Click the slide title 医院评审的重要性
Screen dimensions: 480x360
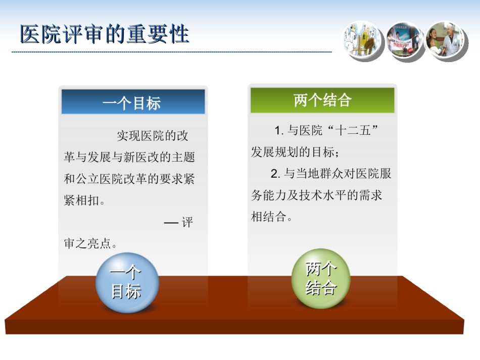pos(105,34)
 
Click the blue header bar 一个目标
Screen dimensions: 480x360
pos(133,101)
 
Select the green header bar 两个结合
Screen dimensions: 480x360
pos(322,100)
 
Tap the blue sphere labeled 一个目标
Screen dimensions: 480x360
pos(127,282)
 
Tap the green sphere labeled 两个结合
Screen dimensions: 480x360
pos(321,278)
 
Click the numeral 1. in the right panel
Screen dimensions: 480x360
pos(279,131)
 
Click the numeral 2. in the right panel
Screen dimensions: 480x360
pos(275,173)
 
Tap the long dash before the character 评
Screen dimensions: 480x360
pos(171,223)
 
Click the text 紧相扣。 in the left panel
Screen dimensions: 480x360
pos(84,200)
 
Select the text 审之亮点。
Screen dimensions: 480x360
pos(90,243)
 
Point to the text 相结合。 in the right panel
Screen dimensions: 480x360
pos(271,217)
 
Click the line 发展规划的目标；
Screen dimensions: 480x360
pos(295,152)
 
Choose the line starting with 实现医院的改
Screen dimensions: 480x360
pos(153,135)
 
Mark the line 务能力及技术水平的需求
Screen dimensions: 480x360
pos(316,195)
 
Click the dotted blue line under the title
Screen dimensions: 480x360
pos(172,52)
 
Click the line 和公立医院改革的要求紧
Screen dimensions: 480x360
pos(129,179)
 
